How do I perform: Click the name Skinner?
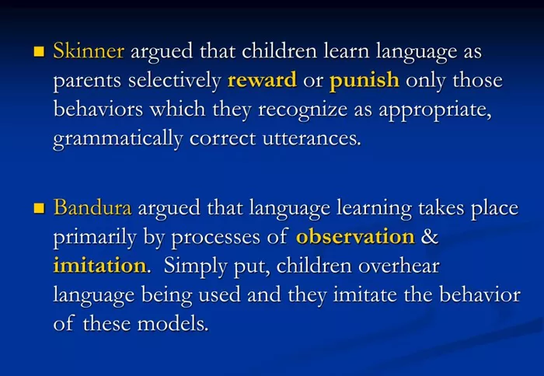(x=89, y=50)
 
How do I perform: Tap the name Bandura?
(x=92, y=207)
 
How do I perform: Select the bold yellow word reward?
(x=262, y=80)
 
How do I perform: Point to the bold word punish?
(x=364, y=81)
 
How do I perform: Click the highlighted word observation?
(x=355, y=237)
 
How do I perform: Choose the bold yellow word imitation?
(x=99, y=266)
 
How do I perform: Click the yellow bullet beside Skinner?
(x=39, y=52)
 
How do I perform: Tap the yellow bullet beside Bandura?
(x=39, y=208)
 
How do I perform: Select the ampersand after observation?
(x=430, y=237)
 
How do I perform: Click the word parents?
(x=87, y=82)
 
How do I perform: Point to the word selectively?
(x=175, y=81)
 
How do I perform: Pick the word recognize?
(x=303, y=110)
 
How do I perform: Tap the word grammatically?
(x=118, y=139)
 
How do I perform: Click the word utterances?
(x=312, y=139)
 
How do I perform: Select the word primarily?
(x=95, y=238)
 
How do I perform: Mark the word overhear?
(x=399, y=266)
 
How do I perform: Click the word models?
(x=173, y=324)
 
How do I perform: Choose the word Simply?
(x=195, y=266)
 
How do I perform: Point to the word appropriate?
(x=435, y=110)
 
